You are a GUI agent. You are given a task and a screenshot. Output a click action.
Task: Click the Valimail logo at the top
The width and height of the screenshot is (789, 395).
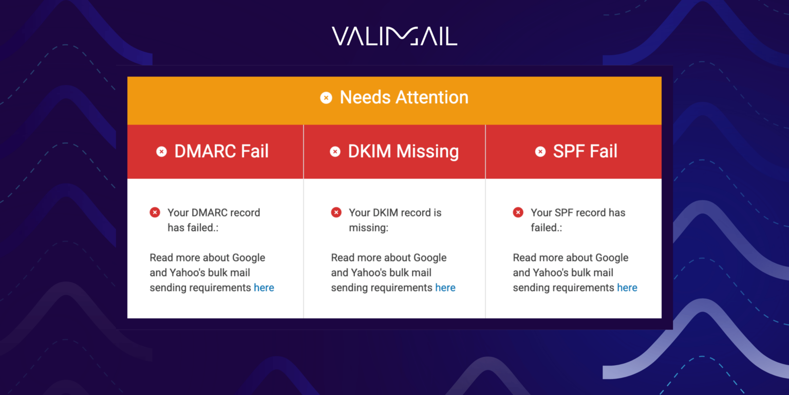394,36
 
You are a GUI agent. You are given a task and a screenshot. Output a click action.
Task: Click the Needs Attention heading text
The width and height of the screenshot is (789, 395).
404,97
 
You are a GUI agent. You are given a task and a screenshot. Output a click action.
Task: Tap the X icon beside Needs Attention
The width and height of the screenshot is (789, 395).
326,98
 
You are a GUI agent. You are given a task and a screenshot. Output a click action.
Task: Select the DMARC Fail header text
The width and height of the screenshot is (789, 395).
221,151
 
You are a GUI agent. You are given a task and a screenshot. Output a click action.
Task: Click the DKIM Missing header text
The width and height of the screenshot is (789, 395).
403,151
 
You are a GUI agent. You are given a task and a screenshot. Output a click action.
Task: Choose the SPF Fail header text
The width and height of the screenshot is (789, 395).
585,151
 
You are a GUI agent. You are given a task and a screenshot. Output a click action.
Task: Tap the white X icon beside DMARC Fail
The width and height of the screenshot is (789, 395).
162,152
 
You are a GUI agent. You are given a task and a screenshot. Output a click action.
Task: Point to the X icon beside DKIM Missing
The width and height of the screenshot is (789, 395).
335,152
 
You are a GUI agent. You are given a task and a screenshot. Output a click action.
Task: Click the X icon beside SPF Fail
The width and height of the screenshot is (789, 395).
540,152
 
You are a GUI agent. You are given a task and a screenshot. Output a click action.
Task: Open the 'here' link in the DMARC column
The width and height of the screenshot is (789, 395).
264,288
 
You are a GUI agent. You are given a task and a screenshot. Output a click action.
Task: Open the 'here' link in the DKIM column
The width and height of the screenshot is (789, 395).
445,288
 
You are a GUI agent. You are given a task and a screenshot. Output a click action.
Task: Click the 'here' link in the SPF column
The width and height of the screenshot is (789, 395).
627,288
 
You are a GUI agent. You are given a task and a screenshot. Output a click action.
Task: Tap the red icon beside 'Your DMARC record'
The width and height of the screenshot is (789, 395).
155,212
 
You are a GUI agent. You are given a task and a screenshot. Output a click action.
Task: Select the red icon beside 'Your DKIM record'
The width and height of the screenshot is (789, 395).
336,212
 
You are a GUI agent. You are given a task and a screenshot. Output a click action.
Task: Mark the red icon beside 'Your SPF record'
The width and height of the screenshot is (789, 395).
518,212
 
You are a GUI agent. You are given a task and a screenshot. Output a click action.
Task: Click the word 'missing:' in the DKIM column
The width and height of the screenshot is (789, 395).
368,227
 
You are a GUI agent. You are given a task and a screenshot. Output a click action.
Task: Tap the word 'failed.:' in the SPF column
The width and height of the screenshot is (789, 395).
546,227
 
